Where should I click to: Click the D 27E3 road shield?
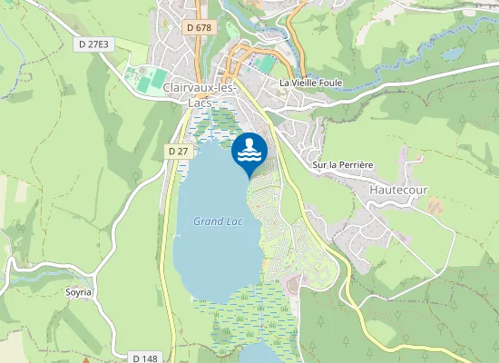coord(94,43)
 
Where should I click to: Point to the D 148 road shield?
coord(145,358)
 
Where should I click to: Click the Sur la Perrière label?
coord(342,165)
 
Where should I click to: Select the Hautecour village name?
coord(398,190)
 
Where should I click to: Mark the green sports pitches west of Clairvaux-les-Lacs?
coord(145,80)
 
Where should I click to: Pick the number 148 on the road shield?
coord(150,358)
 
